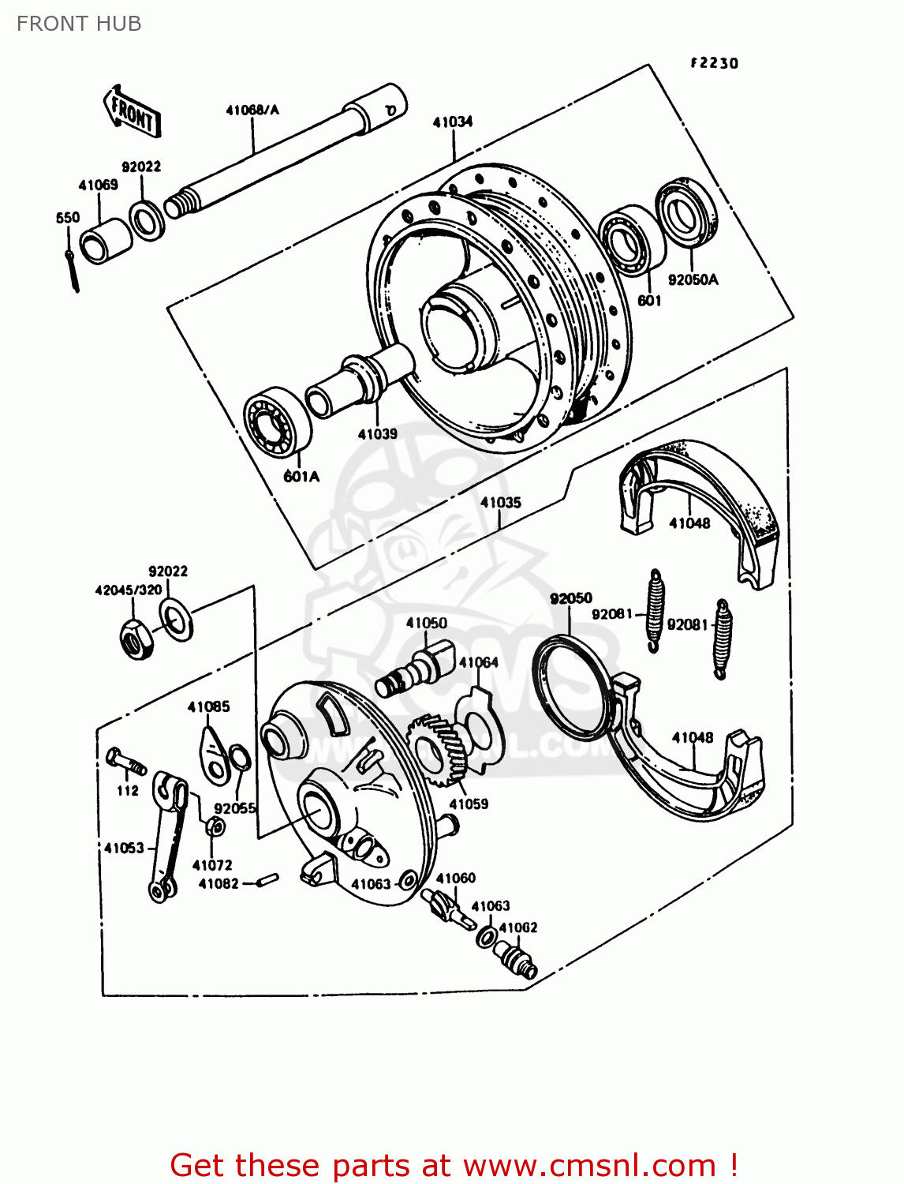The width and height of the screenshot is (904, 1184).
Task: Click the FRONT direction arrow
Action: pyautogui.click(x=133, y=111)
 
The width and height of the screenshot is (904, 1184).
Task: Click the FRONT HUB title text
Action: pyautogui.click(x=79, y=24)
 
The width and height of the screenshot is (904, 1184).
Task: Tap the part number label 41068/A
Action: pyautogui.click(x=252, y=110)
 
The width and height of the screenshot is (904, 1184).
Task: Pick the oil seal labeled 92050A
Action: pyautogui.click(x=686, y=210)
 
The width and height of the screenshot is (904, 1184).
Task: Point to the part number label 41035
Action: pyautogui.click(x=501, y=502)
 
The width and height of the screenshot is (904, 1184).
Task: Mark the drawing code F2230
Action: pyautogui.click(x=714, y=63)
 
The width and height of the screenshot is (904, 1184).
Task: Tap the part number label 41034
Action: pyautogui.click(x=453, y=122)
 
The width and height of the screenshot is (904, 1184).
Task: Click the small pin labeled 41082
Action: pyautogui.click(x=268, y=879)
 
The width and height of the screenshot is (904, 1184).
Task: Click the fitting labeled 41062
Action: pyautogui.click(x=515, y=961)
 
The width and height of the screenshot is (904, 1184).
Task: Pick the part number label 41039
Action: pyautogui.click(x=377, y=433)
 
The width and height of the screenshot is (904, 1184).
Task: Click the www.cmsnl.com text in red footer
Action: pyautogui.click(x=588, y=1165)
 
